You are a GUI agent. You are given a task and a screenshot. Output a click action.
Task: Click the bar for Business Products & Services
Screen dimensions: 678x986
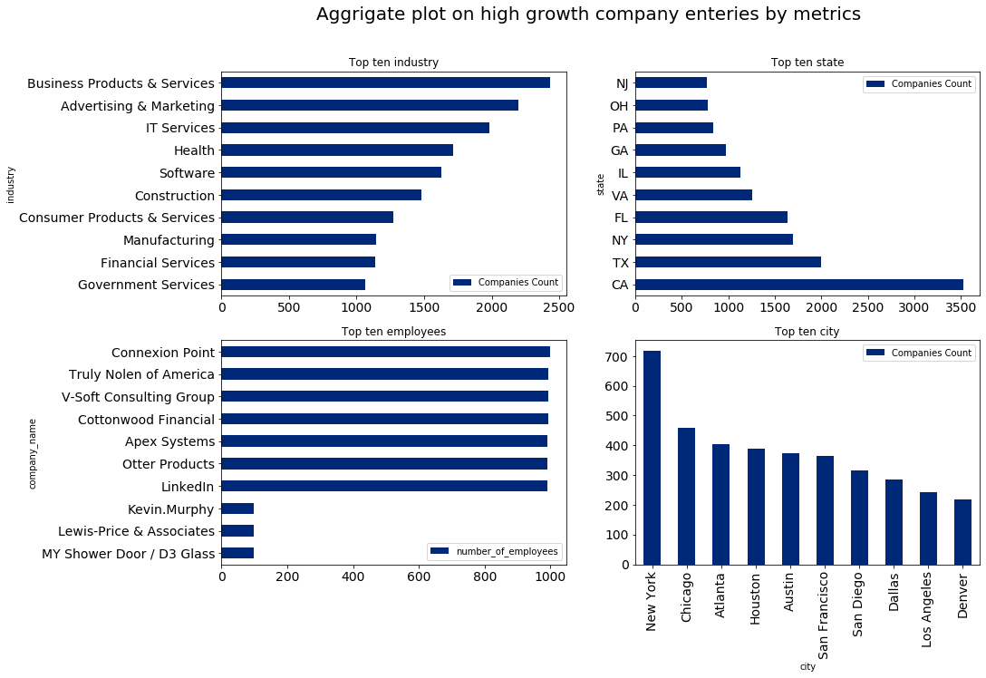coord(385,82)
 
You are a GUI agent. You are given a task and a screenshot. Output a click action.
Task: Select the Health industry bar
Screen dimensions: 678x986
coord(337,150)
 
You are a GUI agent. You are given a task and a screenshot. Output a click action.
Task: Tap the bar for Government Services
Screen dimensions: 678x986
coord(293,285)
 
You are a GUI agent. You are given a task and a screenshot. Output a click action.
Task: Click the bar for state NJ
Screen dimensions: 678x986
coord(671,82)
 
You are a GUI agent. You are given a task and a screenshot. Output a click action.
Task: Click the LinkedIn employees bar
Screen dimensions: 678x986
coord(384,486)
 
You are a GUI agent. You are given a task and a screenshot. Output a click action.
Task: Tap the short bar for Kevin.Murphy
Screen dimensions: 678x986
coord(237,508)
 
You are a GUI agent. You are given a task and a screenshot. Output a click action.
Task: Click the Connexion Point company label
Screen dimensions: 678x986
coord(163,353)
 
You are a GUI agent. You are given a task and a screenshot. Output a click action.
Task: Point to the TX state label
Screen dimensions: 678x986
coord(621,263)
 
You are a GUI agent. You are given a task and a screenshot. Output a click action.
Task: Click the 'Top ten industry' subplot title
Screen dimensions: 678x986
coord(393,63)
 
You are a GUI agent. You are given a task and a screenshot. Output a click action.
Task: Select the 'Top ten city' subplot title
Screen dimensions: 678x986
coord(807,332)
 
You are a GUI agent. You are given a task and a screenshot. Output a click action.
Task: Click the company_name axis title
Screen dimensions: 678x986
coord(33,453)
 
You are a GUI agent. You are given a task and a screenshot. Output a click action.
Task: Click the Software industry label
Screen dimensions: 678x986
coord(187,173)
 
